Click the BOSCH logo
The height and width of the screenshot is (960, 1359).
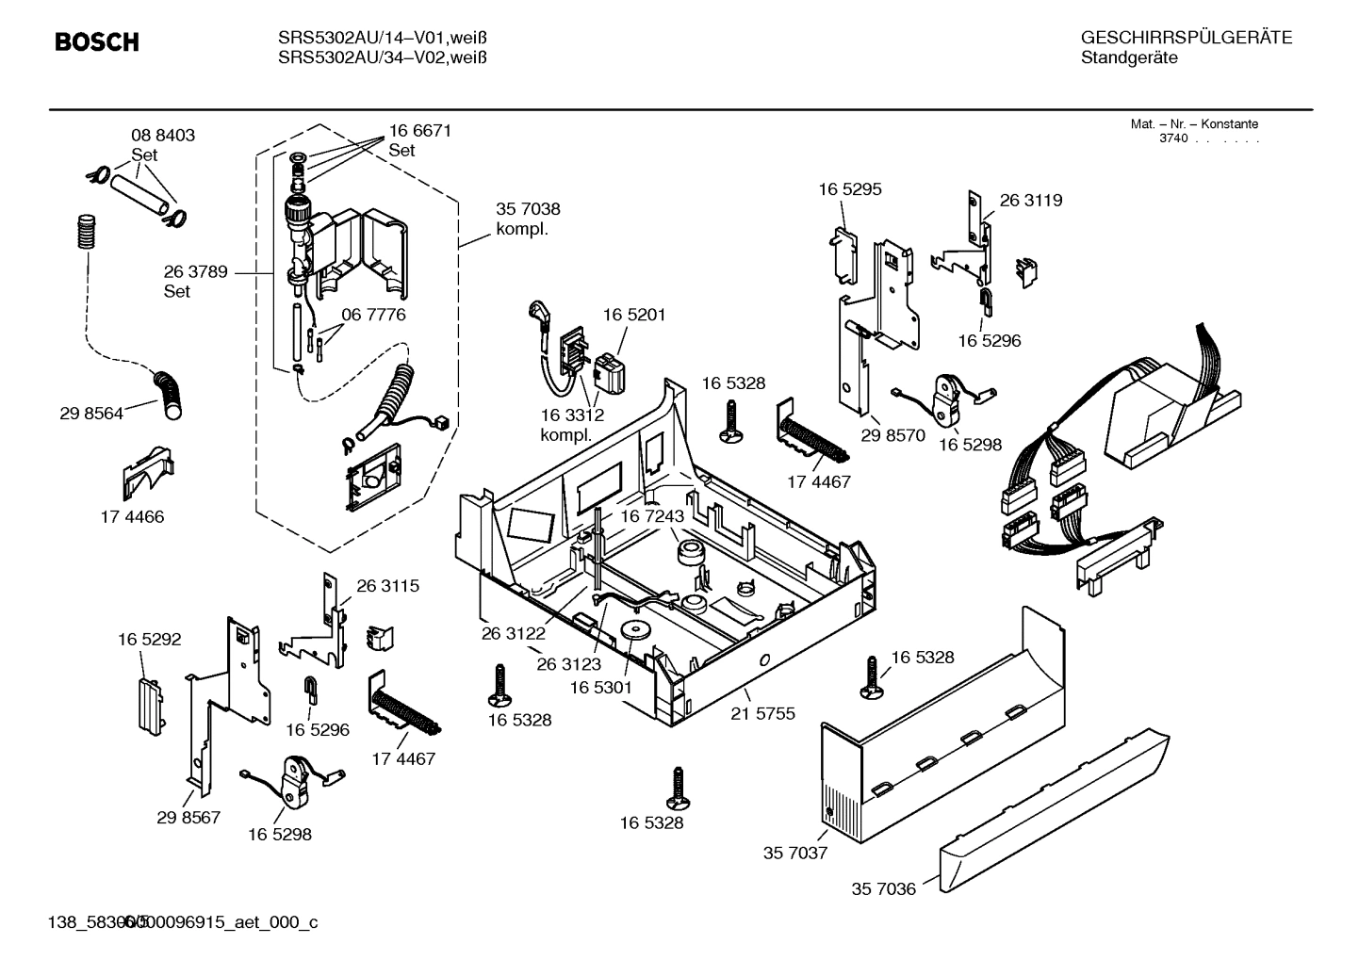click(97, 42)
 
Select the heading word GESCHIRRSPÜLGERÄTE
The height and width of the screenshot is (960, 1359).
click(1186, 38)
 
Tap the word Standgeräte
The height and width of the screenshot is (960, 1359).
click(1128, 57)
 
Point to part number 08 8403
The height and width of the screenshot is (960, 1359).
click(163, 135)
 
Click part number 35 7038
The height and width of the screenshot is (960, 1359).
click(528, 209)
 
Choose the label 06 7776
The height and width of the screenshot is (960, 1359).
click(373, 315)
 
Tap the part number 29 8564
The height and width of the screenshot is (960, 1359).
click(91, 413)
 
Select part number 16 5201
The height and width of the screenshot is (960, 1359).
click(634, 315)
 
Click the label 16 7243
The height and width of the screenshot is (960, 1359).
click(651, 516)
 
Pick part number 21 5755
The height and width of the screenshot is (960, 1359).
click(762, 713)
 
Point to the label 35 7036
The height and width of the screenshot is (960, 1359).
click(883, 888)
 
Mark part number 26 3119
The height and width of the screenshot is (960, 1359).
click(1030, 200)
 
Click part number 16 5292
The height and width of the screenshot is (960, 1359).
click(149, 639)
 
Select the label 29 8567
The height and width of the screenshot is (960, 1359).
click(188, 817)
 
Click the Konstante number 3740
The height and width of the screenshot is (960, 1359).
click(1173, 138)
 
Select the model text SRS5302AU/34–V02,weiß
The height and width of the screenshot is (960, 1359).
click(383, 57)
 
